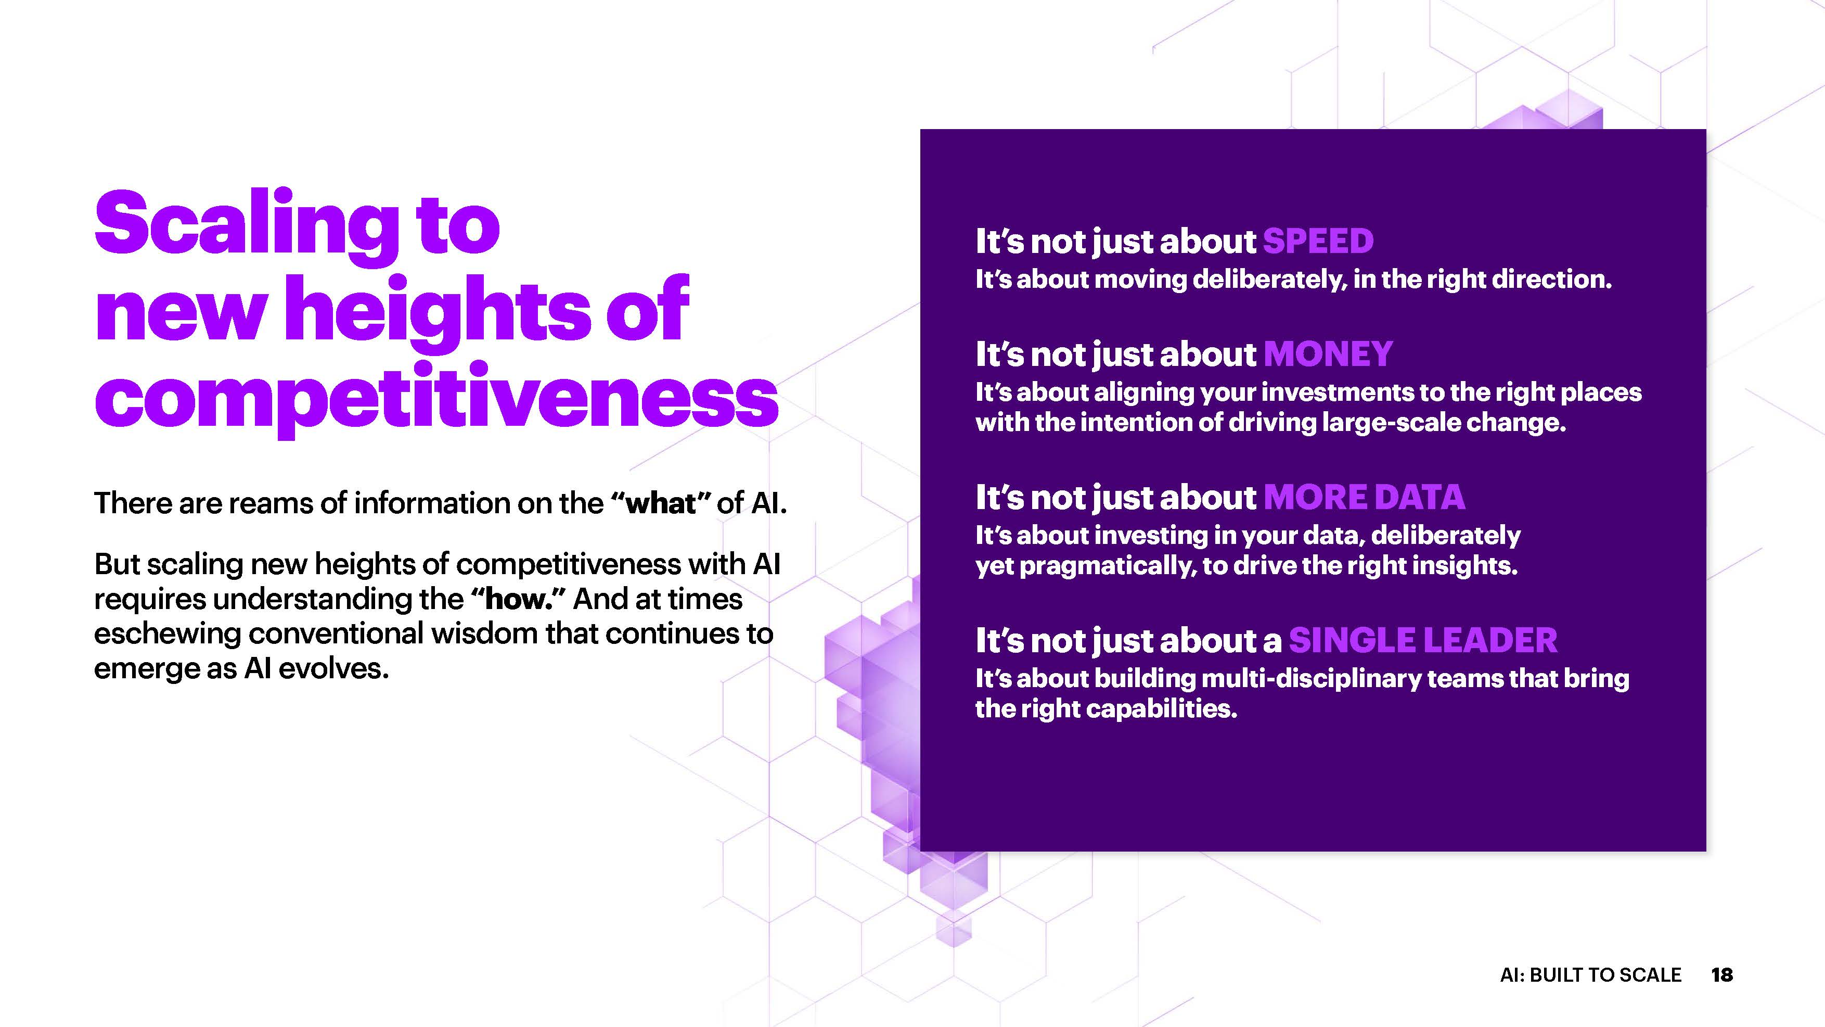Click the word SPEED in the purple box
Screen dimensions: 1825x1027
coord(1318,241)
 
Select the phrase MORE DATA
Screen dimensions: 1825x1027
coord(1364,497)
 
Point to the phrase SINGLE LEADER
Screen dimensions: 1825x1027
coord(1422,640)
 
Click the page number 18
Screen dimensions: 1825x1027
coord(1721,975)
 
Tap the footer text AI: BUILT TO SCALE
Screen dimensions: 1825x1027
coord(1590,975)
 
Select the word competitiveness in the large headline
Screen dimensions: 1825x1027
coord(436,397)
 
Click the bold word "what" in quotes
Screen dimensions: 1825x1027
coord(661,503)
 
